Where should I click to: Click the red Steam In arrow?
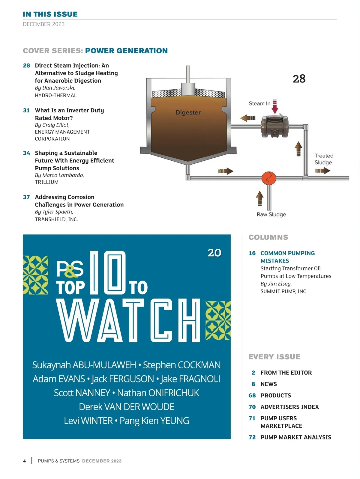click(275, 107)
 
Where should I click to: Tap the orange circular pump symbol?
click(269, 178)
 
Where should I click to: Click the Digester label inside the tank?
click(188, 112)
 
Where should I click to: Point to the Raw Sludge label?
click(271, 214)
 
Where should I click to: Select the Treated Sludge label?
click(324, 159)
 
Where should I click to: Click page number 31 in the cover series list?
click(26, 110)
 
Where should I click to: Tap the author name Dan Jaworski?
click(58, 88)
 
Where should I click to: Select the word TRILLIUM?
click(47, 182)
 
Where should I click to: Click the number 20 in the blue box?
click(214, 253)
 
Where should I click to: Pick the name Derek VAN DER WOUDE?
click(127, 406)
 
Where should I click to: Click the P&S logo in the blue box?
click(70, 269)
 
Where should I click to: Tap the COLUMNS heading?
click(268, 237)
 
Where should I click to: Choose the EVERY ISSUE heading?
click(274, 357)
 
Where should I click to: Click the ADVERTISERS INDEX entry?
click(290, 407)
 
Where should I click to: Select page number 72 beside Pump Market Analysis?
click(252, 437)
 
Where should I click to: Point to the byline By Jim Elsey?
click(276, 284)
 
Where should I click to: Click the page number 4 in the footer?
click(25, 461)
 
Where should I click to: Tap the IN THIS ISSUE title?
click(50, 14)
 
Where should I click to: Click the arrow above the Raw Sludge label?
click(259, 198)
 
